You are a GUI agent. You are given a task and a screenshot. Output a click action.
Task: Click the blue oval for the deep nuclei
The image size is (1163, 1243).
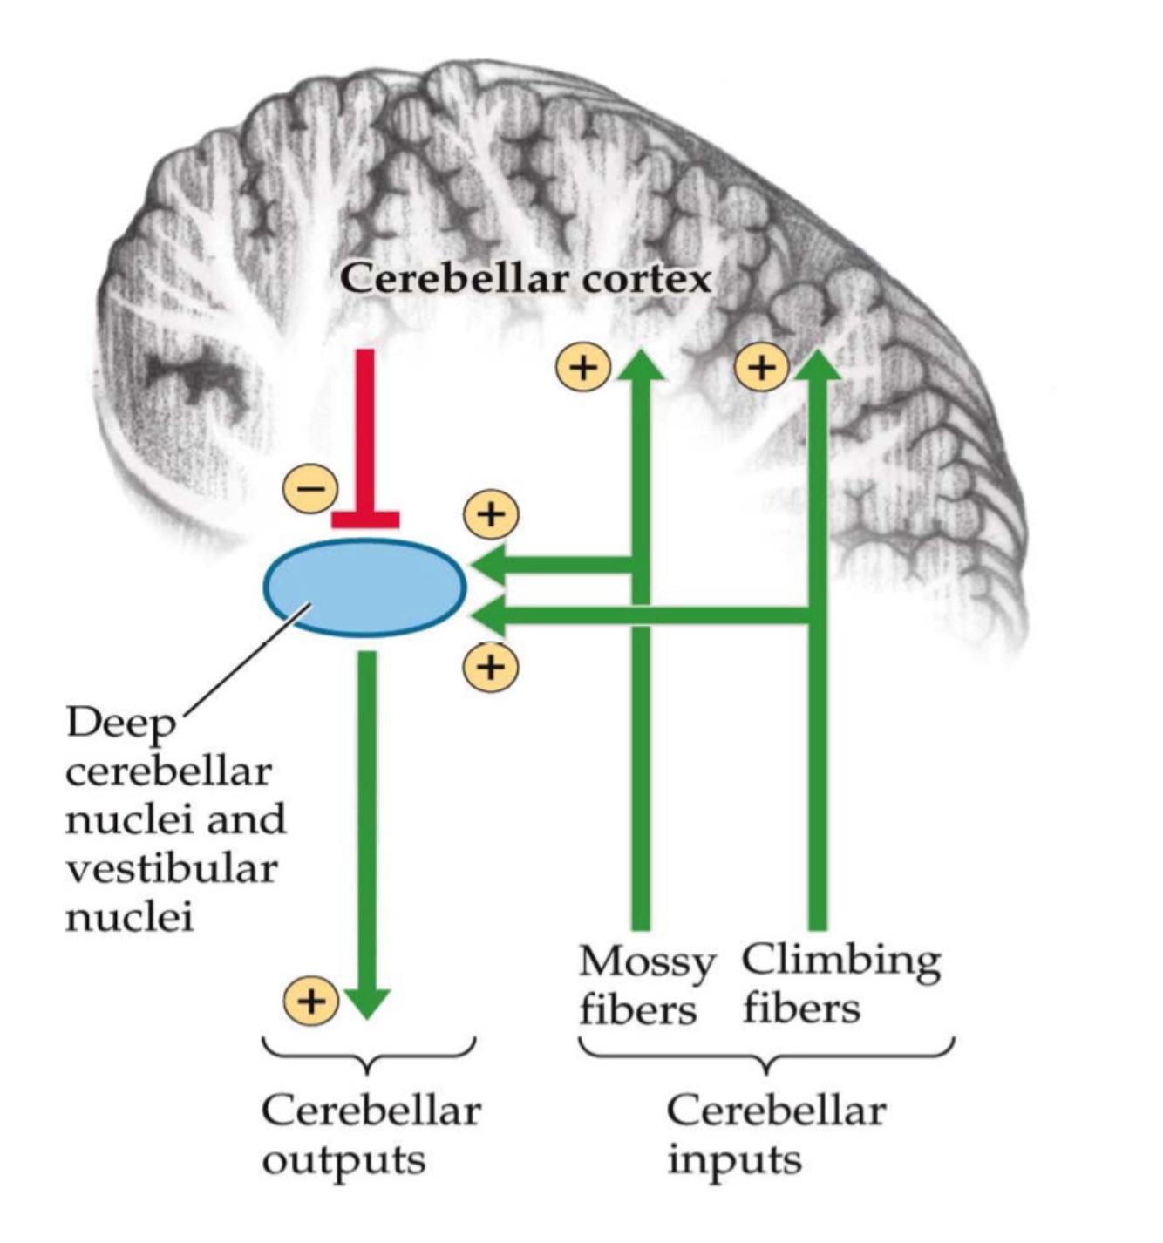[x=365, y=588]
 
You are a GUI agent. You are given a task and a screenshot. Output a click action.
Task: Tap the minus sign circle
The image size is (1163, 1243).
[x=309, y=488]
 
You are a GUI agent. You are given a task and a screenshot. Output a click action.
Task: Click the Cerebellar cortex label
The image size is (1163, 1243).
[x=526, y=279]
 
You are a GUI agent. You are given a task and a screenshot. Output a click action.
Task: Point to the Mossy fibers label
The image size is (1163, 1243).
[x=646, y=985]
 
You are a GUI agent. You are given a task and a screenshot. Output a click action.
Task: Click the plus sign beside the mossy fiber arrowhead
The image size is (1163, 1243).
[x=583, y=367]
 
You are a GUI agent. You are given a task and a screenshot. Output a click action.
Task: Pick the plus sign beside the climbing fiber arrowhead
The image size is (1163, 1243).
[x=761, y=367]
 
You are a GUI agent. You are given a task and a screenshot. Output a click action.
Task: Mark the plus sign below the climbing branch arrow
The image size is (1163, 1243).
[x=491, y=667]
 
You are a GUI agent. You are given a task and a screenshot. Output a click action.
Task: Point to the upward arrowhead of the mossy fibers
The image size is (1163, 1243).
[x=641, y=366]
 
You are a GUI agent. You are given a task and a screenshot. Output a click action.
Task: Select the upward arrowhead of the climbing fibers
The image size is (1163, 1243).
[x=817, y=366]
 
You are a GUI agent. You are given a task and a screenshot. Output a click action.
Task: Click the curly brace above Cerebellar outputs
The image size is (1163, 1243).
[x=369, y=1056]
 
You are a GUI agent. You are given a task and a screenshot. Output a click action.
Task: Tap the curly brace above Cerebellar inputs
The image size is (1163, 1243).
[x=766, y=1056]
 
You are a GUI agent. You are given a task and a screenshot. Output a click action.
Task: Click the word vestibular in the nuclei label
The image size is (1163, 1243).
[x=172, y=868]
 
